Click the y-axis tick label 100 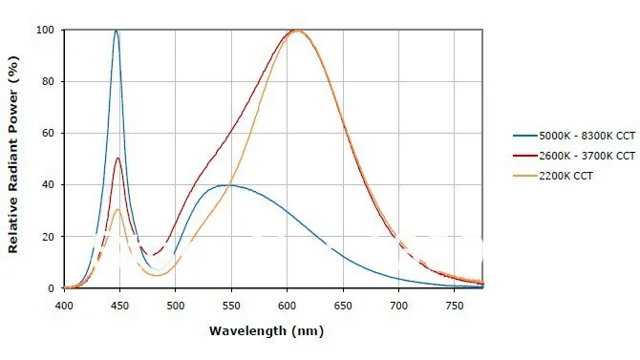(x=45, y=30)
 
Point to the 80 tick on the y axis (x=48, y=81)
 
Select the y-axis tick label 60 (x=48, y=133)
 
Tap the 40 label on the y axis (x=48, y=185)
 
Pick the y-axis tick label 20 (x=48, y=237)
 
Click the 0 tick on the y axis (x=51, y=288)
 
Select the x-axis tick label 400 (x=64, y=306)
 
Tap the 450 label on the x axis (x=120, y=306)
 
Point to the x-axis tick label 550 (x=231, y=306)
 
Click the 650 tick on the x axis (x=343, y=306)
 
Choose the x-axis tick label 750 (x=455, y=306)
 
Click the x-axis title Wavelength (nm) (x=267, y=331)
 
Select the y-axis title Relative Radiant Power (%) (x=13, y=155)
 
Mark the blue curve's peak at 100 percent (x=117, y=31)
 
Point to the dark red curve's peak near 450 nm (x=117, y=158)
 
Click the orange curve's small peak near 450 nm (x=117, y=209)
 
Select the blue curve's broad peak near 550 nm (x=225, y=185)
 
